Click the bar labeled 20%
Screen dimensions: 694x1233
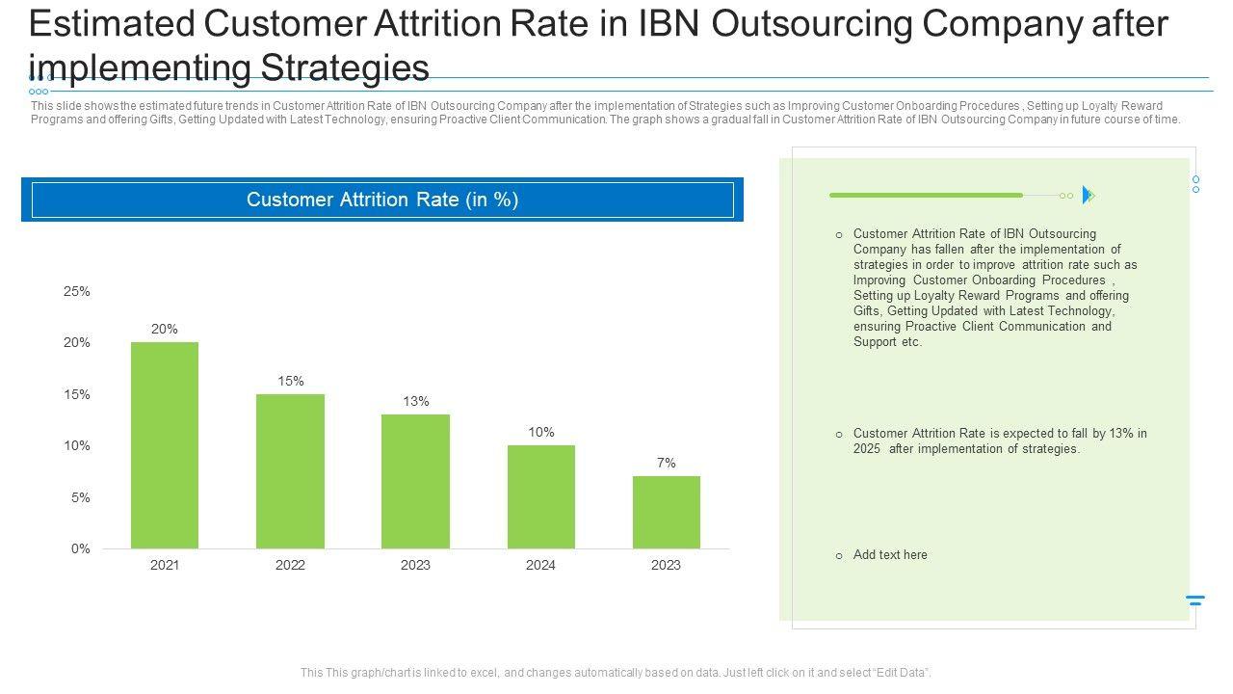(x=165, y=445)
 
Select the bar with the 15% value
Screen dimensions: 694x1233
(x=290, y=471)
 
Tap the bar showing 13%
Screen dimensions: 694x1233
(x=415, y=481)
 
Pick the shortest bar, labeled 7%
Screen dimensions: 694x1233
(x=666, y=512)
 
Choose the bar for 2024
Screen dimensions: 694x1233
(x=540, y=496)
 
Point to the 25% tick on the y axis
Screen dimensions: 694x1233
(x=77, y=291)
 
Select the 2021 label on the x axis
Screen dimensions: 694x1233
(x=165, y=565)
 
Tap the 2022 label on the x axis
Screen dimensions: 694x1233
(x=290, y=565)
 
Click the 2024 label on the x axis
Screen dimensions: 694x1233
(x=540, y=565)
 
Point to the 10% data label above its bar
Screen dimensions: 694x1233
(x=541, y=432)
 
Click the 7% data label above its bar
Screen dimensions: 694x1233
(x=667, y=463)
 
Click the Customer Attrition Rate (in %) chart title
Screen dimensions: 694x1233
(x=382, y=200)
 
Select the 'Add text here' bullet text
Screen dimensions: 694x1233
(x=890, y=555)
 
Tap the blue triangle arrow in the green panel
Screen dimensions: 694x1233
(x=1088, y=195)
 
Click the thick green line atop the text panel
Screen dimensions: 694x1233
(x=926, y=195)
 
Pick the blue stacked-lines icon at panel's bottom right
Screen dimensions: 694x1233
(x=1195, y=601)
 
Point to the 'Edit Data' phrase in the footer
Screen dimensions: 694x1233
(x=901, y=673)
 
